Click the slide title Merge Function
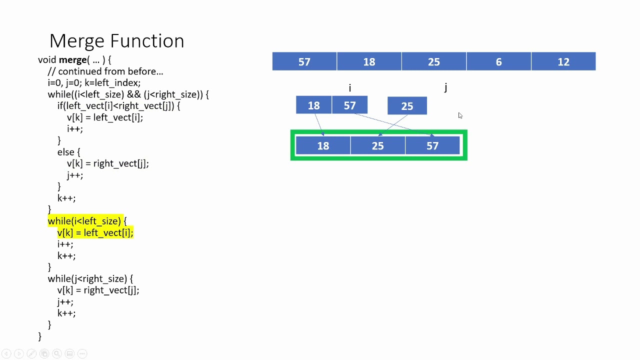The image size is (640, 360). pyautogui.click(x=116, y=40)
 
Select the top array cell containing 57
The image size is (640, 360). pyautogui.click(x=304, y=61)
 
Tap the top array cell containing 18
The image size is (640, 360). pyautogui.click(x=369, y=61)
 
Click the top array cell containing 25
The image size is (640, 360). pyautogui.click(x=433, y=61)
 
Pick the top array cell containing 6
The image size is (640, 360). pyautogui.click(x=498, y=61)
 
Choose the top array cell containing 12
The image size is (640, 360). pyautogui.click(x=563, y=61)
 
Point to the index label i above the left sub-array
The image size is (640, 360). pyautogui.click(x=350, y=88)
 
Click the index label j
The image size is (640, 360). pyautogui.click(x=445, y=88)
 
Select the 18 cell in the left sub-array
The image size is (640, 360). pyautogui.click(x=313, y=105)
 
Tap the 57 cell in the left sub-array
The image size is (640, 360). pyautogui.click(x=349, y=105)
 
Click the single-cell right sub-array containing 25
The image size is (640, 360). pyautogui.click(x=407, y=106)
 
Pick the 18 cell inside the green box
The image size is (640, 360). pyautogui.click(x=323, y=145)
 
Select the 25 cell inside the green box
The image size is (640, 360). pyautogui.click(x=377, y=145)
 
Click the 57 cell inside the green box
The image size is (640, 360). pyautogui.click(x=432, y=145)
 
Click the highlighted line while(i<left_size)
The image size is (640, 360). pyautogui.click(x=87, y=221)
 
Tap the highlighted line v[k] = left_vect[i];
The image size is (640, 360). pyautogui.click(x=95, y=232)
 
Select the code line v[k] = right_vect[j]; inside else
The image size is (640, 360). pyautogui.click(x=107, y=163)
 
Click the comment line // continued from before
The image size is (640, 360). pyautogui.click(x=105, y=71)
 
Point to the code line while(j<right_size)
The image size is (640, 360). pyautogui.click(x=90, y=278)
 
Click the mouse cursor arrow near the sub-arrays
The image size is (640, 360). pyautogui.click(x=460, y=115)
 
